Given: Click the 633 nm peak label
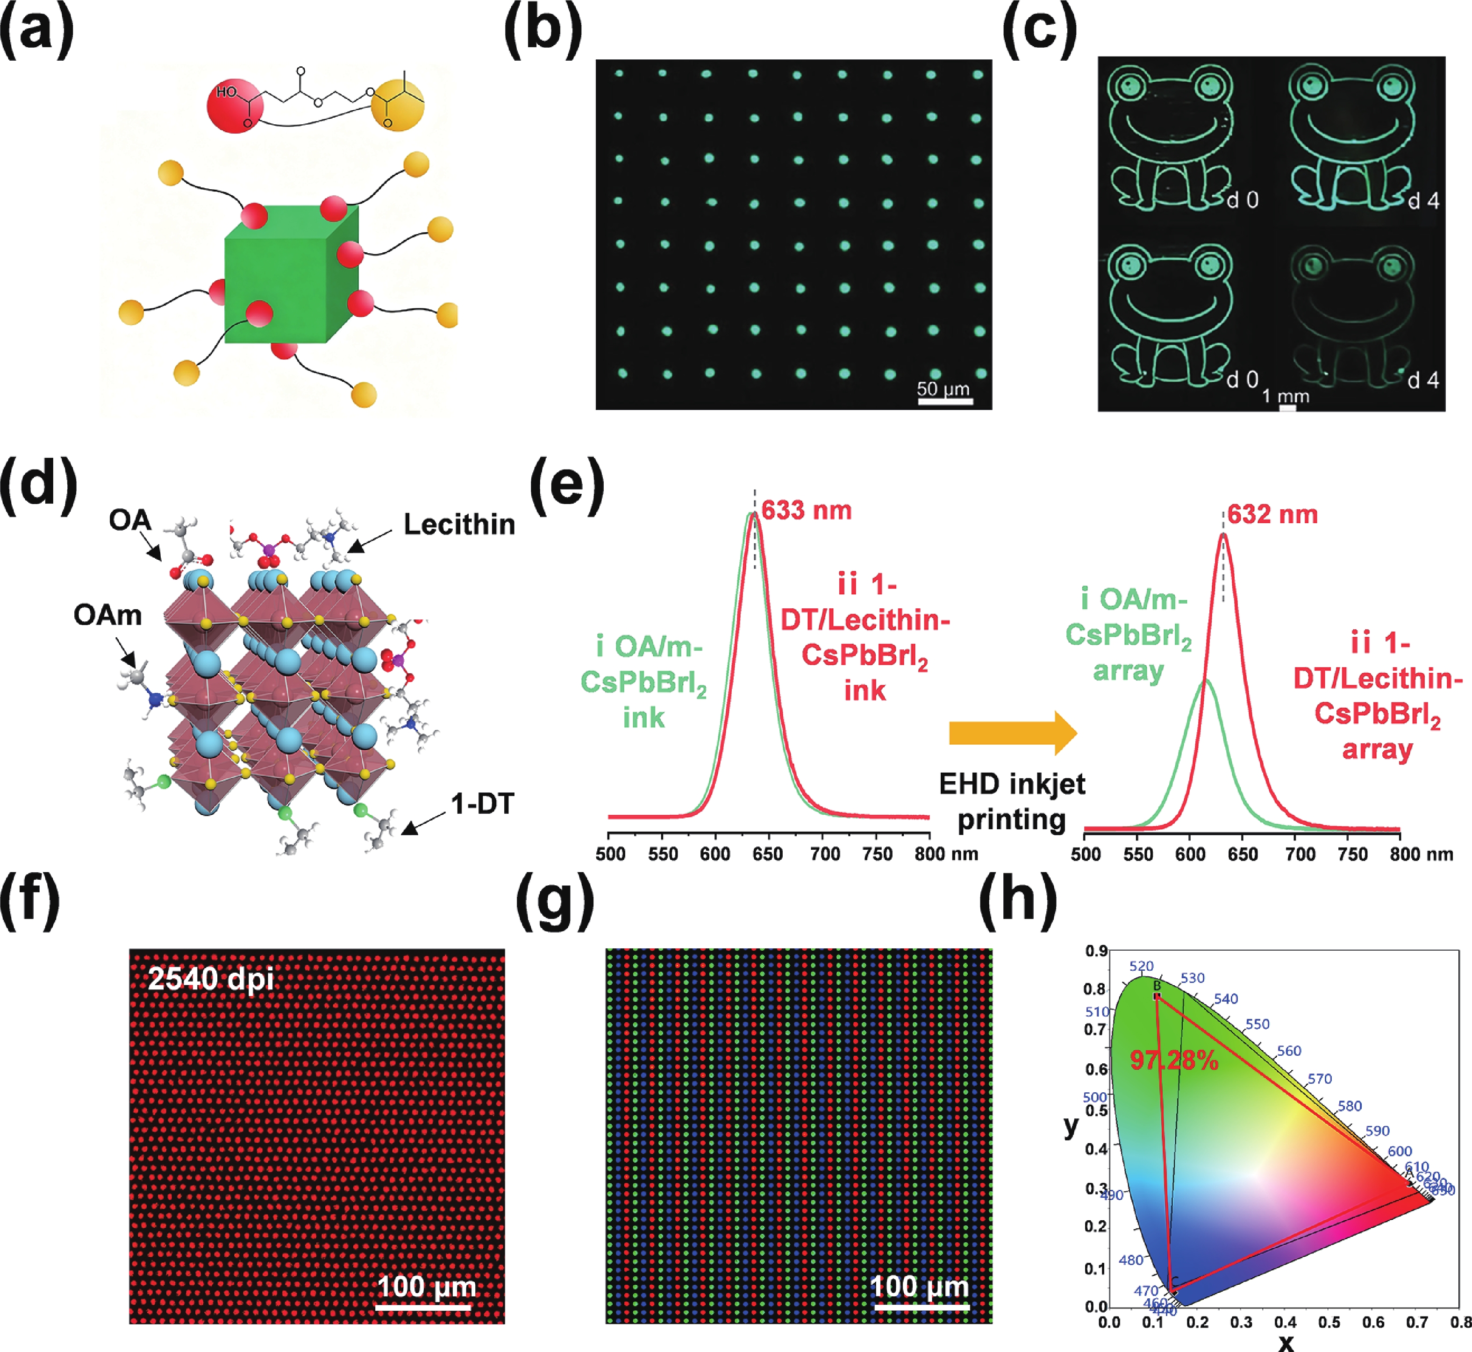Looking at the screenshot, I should pyautogui.click(x=806, y=510).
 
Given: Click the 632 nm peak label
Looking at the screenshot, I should pyautogui.click(x=1272, y=514).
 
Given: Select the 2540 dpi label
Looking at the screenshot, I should pyautogui.click(x=211, y=979).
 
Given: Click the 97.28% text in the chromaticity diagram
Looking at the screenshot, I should pyautogui.click(x=1173, y=1060).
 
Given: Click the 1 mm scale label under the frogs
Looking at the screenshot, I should pyautogui.click(x=1286, y=397).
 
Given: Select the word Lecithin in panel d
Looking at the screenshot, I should pyautogui.click(x=459, y=525).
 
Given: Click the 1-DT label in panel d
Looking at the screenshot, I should pyautogui.click(x=482, y=804).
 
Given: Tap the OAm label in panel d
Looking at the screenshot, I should pyautogui.click(x=107, y=614).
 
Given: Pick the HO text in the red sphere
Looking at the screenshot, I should pyautogui.click(x=226, y=92).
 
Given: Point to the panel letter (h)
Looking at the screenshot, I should pyautogui.click(x=1018, y=902).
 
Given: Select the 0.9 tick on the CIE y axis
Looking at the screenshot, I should pyautogui.click(x=1096, y=951).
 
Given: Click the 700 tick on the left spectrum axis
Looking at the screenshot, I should pyautogui.click(x=824, y=854).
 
